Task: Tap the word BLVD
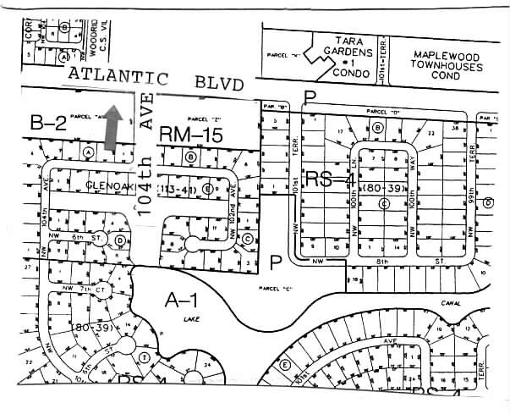tap(217, 83)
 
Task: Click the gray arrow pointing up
tap(109, 130)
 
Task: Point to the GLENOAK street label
tap(104, 183)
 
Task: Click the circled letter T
tap(145, 358)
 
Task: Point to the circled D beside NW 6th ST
tap(121, 240)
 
